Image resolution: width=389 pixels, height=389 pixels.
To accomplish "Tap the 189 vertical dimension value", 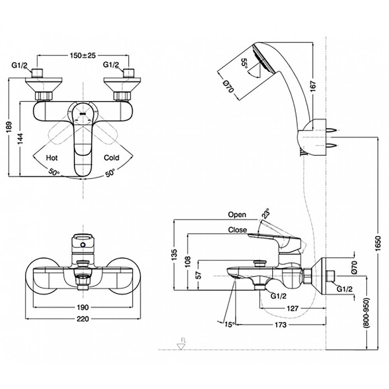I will click(11, 127).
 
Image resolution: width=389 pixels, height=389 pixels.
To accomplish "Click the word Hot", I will click(52, 158).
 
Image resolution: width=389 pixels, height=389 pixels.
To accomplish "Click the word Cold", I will click(111, 158).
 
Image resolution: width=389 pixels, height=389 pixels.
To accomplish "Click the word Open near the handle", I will click(237, 215).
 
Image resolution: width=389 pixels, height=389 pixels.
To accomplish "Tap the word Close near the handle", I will click(237, 230).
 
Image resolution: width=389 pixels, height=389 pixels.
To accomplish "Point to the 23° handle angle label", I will click(265, 214).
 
